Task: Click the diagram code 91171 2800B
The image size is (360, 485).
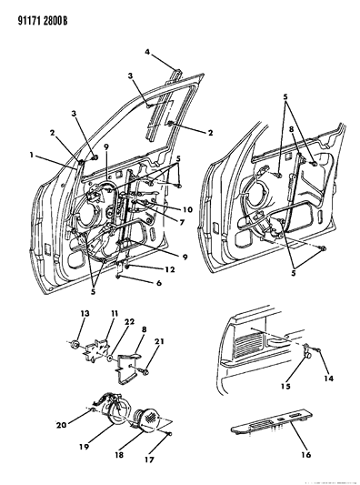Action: (x=43, y=21)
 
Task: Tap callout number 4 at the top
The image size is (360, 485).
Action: (x=147, y=52)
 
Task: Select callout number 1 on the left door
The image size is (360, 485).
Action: (x=31, y=155)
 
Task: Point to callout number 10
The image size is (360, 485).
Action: (x=187, y=209)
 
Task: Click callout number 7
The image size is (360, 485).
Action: (x=182, y=222)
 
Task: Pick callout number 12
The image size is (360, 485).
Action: (x=170, y=269)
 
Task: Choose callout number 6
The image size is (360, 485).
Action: (x=159, y=283)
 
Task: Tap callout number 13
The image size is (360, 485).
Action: (x=85, y=313)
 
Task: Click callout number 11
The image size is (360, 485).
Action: (x=115, y=313)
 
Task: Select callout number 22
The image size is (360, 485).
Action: (x=129, y=322)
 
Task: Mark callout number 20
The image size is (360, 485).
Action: (x=61, y=425)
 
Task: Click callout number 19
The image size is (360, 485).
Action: (x=84, y=447)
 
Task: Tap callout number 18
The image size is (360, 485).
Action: (x=119, y=454)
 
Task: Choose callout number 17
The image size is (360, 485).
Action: (x=149, y=460)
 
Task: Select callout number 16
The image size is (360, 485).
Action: (x=306, y=454)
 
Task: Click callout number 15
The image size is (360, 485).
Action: (x=285, y=386)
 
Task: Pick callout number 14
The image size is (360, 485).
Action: (x=329, y=378)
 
